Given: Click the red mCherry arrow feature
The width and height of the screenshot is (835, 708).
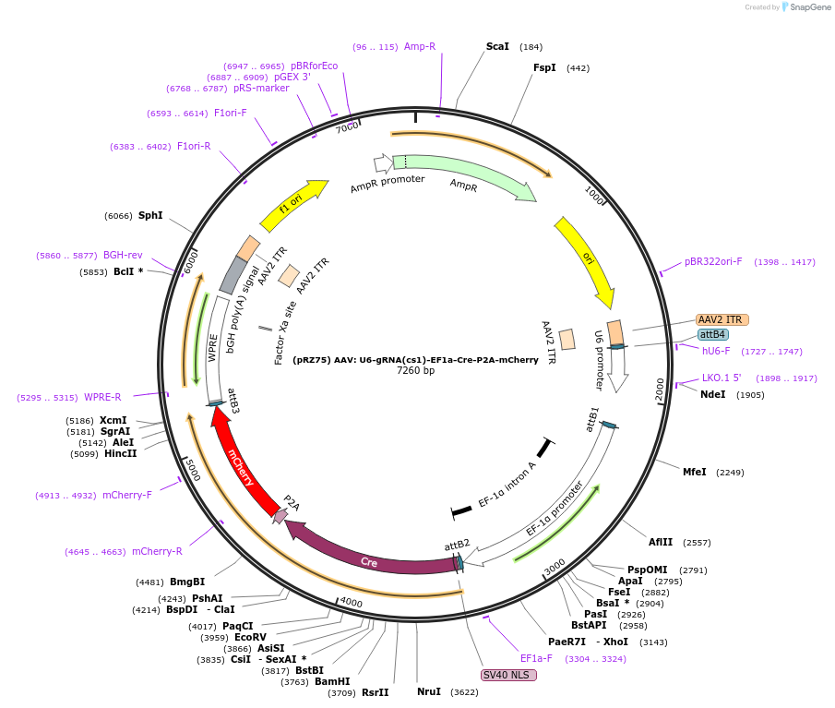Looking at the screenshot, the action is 240,464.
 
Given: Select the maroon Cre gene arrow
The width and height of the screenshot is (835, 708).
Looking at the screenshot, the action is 367,559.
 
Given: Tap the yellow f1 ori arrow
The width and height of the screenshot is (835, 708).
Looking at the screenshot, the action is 292,205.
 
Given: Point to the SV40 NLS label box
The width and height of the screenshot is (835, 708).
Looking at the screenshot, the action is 508,675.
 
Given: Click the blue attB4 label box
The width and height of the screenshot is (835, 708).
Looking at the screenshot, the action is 712,334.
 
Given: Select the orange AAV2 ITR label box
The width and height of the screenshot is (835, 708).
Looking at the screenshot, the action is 722,319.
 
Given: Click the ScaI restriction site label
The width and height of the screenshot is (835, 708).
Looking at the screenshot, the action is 497,46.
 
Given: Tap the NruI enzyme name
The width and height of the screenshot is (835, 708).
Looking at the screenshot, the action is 429,691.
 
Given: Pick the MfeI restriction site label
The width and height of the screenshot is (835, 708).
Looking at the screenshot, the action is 695,472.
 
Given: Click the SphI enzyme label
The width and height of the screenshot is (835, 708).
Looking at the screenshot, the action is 150,215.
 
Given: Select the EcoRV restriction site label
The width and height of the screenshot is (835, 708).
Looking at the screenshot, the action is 250,637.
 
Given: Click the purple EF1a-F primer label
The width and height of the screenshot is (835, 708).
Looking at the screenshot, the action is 536,658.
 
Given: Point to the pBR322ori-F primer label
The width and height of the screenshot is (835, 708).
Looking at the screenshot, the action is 713,261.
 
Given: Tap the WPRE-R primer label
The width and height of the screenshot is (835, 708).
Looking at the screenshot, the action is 102,398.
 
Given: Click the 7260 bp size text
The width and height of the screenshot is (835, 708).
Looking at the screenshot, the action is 415,370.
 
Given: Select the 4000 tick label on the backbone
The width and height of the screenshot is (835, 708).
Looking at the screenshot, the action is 352,603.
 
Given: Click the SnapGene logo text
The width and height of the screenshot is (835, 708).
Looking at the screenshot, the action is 809,7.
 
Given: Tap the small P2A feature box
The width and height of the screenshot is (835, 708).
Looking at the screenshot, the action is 280,516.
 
